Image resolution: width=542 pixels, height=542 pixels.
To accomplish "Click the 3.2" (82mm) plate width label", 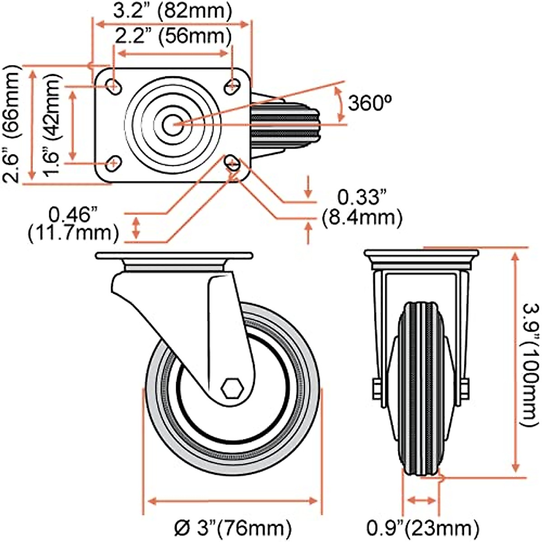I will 172,11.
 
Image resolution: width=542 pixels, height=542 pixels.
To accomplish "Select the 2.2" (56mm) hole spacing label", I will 172,36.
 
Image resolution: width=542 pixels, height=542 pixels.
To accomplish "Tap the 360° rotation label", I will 369,103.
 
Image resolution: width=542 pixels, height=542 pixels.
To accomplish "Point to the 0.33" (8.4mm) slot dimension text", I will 362,208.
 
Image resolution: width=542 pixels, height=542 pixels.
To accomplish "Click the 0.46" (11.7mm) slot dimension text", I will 73,224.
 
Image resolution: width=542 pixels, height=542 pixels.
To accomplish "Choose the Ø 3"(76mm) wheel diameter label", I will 232,527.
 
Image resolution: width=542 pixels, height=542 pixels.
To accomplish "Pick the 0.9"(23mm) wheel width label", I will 423,527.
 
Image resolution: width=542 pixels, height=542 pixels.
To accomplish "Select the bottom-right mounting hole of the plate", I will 233,163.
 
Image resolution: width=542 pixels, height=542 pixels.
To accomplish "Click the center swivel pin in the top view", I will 172,124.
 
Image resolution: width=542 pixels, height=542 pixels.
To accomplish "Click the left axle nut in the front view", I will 376,388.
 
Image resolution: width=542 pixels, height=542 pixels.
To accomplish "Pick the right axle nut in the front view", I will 464,388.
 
